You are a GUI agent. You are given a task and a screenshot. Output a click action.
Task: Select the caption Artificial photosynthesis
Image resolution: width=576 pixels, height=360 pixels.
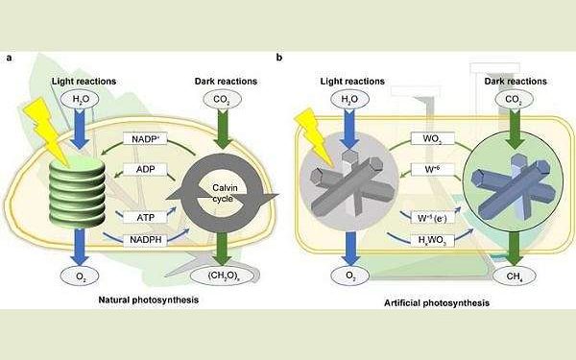point(423,303)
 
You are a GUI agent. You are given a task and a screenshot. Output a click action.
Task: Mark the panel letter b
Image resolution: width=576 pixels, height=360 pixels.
point(279,58)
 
